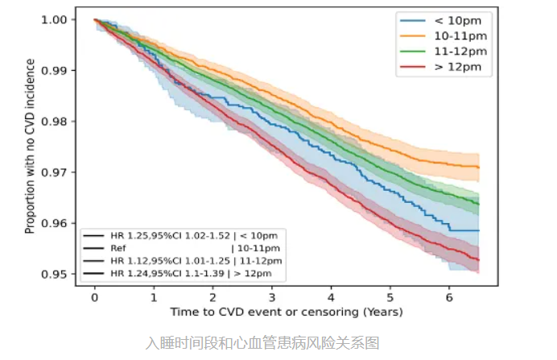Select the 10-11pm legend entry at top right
point(444,36)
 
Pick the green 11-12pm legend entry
point(444,52)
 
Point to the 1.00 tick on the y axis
point(54,19)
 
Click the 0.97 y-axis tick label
point(54,172)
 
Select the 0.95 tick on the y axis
point(54,275)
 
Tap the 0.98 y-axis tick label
point(54,122)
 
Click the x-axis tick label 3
point(272,297)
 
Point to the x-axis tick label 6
point(449,297)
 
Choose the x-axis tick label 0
point(94,297)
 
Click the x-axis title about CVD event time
point(287,312)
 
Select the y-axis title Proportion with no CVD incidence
point(30,146)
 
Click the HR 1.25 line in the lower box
point(180,236)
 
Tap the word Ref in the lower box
point(118,248)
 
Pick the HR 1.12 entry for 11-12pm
point(183,261)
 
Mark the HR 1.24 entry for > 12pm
point(178,274)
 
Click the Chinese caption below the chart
point(262,343)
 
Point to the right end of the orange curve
point(479,168)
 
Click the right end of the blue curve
point(479,230)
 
